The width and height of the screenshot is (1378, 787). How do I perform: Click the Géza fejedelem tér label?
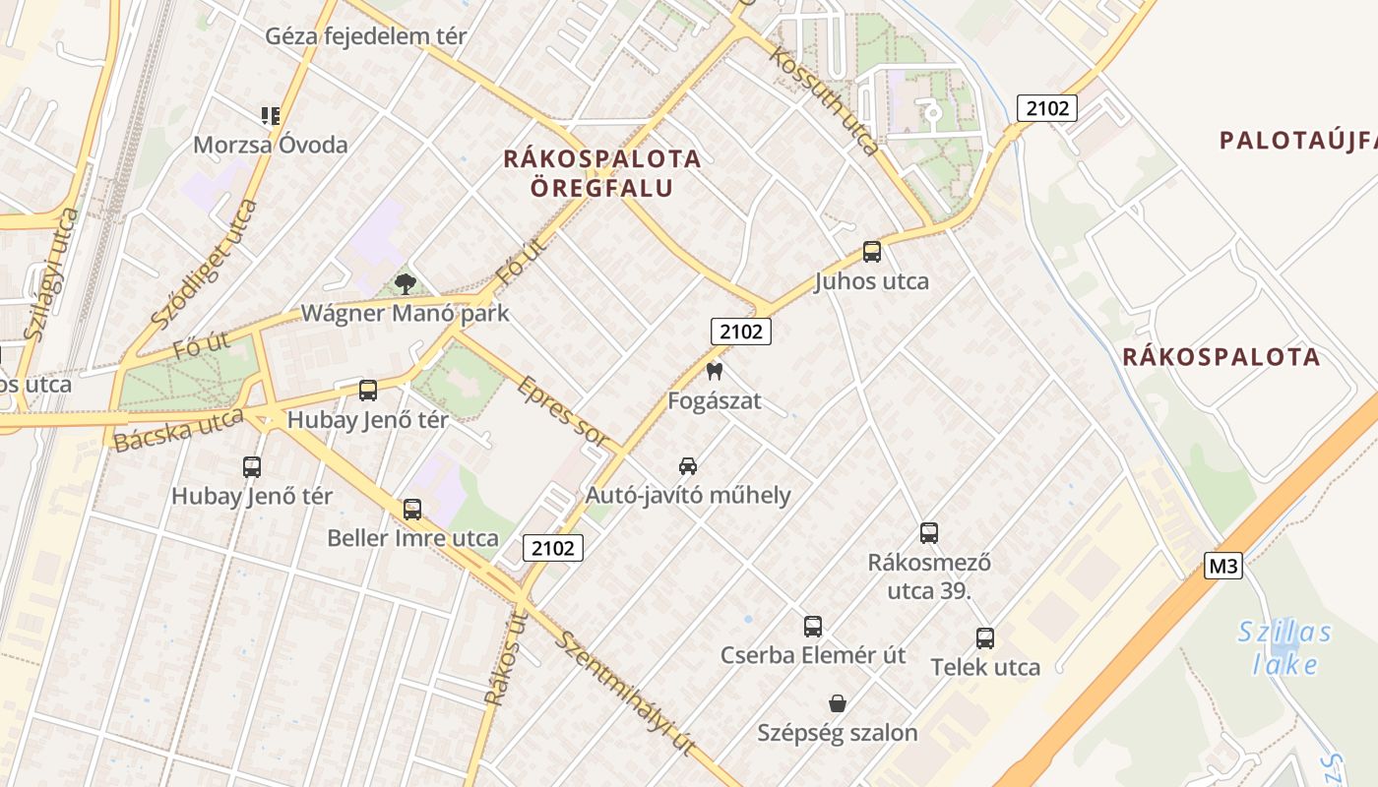366,36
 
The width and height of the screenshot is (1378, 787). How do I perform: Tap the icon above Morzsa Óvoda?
271,116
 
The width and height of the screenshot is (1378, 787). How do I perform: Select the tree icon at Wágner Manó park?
405,284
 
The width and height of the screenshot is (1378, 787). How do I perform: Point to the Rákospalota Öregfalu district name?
602,173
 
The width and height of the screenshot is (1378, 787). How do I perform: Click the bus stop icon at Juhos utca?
872,252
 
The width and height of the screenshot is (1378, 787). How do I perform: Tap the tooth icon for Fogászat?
715,372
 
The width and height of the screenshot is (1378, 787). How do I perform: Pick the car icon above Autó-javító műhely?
688,465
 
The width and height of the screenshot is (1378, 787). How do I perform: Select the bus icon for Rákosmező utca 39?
929,533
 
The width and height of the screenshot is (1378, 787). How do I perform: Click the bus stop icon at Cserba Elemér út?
813,626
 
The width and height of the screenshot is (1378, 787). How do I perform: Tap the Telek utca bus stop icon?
985,637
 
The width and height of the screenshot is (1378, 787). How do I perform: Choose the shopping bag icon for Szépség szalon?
838,703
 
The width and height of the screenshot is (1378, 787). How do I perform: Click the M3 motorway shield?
1223,566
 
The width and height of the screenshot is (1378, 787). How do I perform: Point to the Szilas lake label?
1284,648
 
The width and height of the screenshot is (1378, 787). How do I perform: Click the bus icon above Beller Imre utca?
412,510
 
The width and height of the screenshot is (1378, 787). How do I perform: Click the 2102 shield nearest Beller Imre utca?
552,548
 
